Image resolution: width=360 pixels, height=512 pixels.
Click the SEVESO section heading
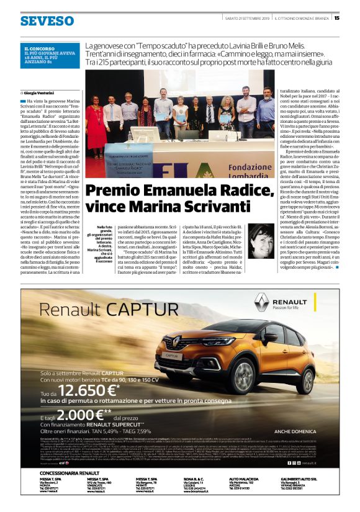pos(46,20)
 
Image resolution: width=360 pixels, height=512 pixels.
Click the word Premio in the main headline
pos(111,175)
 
